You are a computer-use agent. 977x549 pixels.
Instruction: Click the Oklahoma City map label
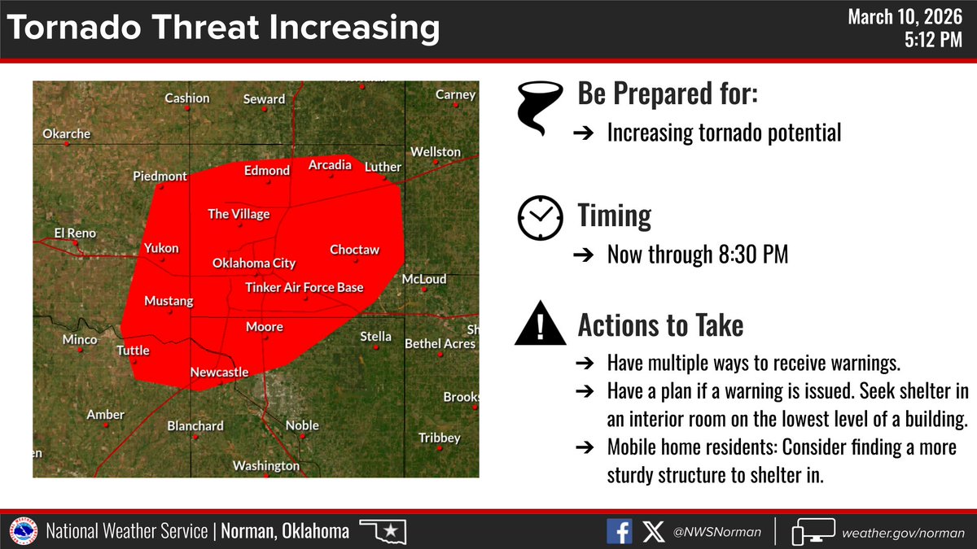253,264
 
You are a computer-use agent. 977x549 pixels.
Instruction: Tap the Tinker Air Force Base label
304,288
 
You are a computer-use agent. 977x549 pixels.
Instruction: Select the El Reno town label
75,233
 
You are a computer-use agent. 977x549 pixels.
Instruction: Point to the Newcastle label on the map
219,373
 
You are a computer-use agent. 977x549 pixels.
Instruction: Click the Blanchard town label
195,425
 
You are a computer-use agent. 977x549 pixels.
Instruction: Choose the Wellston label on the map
436,152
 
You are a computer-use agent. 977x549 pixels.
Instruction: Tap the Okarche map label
67,133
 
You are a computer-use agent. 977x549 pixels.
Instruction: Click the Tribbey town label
440,438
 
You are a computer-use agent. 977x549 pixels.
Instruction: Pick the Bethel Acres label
440,344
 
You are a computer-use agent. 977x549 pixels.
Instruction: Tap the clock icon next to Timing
540,217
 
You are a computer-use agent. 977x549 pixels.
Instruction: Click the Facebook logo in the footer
619,532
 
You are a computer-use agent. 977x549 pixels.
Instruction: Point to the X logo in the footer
653,532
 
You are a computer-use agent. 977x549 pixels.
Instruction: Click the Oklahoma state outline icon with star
382,532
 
